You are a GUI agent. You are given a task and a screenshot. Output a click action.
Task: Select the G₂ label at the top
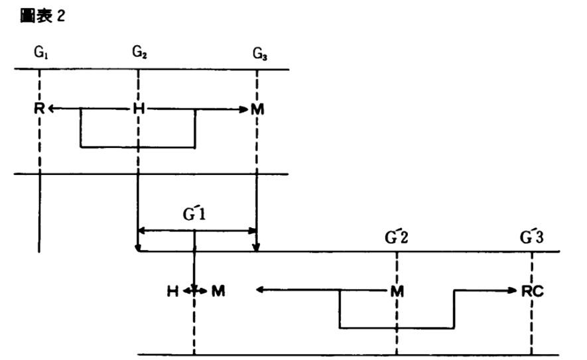[x=139, y=52]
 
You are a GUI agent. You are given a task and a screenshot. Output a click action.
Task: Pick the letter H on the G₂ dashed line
[x=139, y=109]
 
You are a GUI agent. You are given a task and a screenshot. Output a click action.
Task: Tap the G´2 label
[x=397, y=236]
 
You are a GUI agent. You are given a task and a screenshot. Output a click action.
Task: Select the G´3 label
[x=533, y=236]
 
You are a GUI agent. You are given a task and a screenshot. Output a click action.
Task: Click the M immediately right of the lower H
[x=216, y=290]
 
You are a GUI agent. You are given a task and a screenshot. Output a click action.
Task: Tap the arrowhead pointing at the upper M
[x=243, y=109]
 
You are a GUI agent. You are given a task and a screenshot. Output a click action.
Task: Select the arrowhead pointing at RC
[x=515, y=290]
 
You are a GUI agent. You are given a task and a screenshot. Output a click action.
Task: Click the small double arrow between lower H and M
[x=194, y=290]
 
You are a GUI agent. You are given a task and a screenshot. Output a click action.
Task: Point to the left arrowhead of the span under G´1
[x=141, y=231]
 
